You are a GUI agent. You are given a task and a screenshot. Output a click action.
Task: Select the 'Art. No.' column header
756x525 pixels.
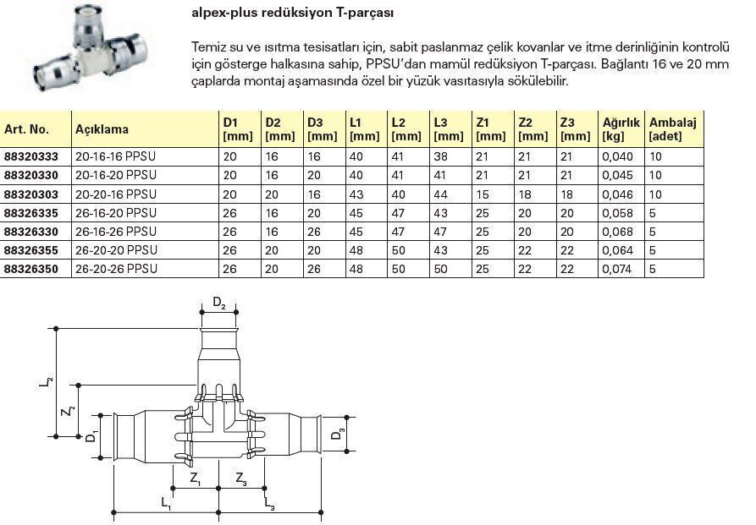pyautogui.click(x=26, y=129)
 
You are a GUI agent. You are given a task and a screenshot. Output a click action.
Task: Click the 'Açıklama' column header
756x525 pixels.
pyautogui.click(x=102, y=129)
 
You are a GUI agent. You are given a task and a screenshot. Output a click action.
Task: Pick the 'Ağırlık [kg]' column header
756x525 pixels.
pyautogui.click(x=621, y=129)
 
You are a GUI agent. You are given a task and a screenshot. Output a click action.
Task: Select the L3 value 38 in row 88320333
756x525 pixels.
pyautogui.click(x=440, y=156)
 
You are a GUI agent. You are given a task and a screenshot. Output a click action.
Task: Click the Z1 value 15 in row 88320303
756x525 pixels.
pyautogui.click(x=483, y=194)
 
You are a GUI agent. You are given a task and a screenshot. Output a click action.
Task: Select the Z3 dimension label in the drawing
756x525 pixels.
pyautogui.click(x=241, y=480)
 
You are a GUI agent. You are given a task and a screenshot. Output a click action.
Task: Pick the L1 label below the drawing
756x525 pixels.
pyautogui.click(x=166, y=503)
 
